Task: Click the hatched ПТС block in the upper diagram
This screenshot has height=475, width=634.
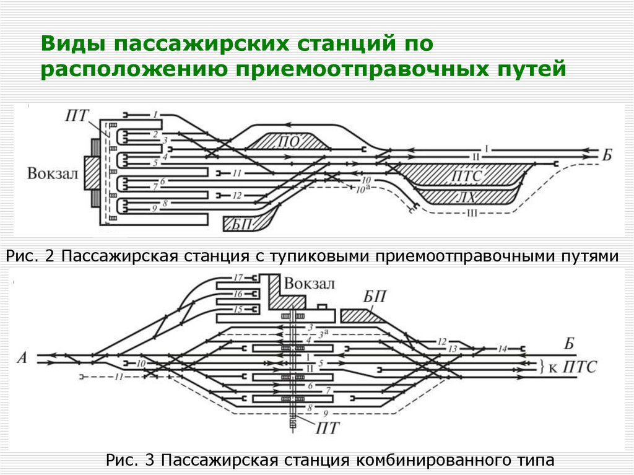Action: [x=466, y=176]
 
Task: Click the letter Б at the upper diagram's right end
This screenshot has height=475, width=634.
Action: [x=606, y=154]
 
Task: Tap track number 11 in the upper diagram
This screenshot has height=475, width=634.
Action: [x=237, y=173]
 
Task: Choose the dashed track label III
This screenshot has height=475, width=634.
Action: [x=472, y=214]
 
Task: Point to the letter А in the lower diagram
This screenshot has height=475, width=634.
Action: [x=24, y=357]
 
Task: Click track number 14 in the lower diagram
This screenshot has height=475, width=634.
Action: [x=503, y=349]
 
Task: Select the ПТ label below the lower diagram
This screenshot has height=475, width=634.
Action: [x=326, y=427]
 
